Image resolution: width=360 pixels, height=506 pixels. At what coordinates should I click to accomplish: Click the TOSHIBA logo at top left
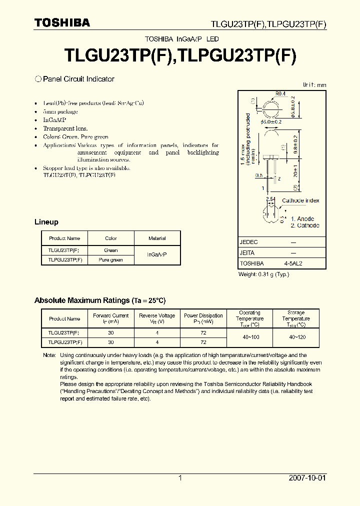(62, 22)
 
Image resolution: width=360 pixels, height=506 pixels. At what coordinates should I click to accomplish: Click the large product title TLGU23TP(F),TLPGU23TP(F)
(180, 54)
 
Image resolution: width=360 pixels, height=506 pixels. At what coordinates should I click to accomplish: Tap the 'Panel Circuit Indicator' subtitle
(78, 79)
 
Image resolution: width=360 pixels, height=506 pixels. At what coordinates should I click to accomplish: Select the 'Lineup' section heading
(46, 222)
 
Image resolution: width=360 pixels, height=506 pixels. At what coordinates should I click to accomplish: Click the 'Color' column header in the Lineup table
(111, 238)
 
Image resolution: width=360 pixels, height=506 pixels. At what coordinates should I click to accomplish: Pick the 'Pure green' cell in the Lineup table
(111, 260)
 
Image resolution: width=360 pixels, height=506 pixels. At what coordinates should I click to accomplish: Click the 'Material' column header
(157, 238)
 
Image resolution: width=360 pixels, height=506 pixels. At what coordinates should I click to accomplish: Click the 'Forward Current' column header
(110, 318)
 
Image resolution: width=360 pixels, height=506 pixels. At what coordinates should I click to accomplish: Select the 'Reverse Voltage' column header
(157, 318)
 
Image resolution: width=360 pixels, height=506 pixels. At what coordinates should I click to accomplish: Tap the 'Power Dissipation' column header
(203, 318)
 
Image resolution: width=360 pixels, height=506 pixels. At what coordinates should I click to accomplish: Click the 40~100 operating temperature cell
(249, 337)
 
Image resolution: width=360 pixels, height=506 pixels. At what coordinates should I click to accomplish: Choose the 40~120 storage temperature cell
(295, 337)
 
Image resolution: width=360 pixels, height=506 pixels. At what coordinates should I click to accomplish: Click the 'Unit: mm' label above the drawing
(314, 85)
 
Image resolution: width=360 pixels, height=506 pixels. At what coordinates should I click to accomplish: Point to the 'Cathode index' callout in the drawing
(300, 200)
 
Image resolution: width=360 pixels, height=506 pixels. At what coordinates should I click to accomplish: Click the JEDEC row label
(248, 242)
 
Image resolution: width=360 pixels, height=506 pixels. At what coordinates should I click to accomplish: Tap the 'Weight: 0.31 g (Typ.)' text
(263, 274)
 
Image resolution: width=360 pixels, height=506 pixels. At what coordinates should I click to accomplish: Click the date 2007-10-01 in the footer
(307, 478)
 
